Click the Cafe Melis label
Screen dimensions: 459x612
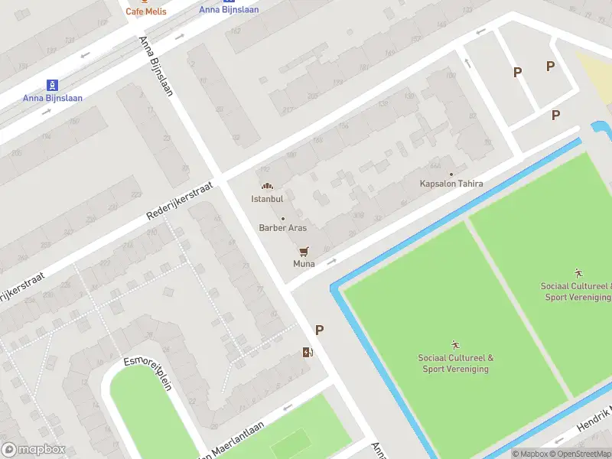pyautogui.click(x=145, y=11)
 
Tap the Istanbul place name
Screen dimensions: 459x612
pyautogui.click(x=267, y=199)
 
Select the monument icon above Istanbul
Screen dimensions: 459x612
pyautogui.click(x=267, y=186)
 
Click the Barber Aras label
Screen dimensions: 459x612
pyautogui.click(x=282, y=228)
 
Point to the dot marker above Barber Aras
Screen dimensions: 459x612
pyautogui.click(x=282, y=219)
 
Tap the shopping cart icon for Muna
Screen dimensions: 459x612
pyautogui.click(x=304, y=251)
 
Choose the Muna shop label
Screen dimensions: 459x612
pyautogui.click(x=304, y=264)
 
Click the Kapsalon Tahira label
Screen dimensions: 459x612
pyautogui.click(x=451, y=184)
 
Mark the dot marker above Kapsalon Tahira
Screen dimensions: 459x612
pyautogui.click(x=451, y=174)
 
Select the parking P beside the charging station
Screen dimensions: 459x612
pyautogui.click(x=319, y=330)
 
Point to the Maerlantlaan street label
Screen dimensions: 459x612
pyautogui.click(x=233, y=441)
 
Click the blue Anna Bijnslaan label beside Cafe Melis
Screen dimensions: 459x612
pyautogui.click(x=229, y=10)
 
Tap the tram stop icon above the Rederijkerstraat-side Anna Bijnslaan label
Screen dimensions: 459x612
pyautogui.click(x=52, y=84)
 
